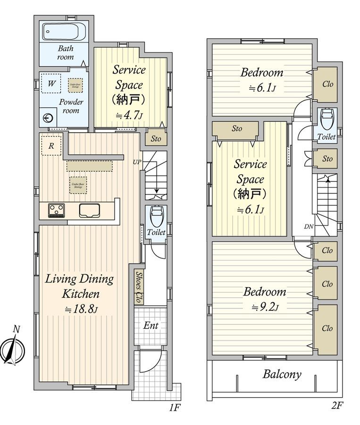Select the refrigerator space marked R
51,146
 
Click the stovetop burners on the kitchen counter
57,210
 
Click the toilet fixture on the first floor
156,216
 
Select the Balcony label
282,374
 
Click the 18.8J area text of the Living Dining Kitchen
81,309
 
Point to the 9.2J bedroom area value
265,307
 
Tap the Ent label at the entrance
151,326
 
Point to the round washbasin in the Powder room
48,119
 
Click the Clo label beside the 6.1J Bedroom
327,84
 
